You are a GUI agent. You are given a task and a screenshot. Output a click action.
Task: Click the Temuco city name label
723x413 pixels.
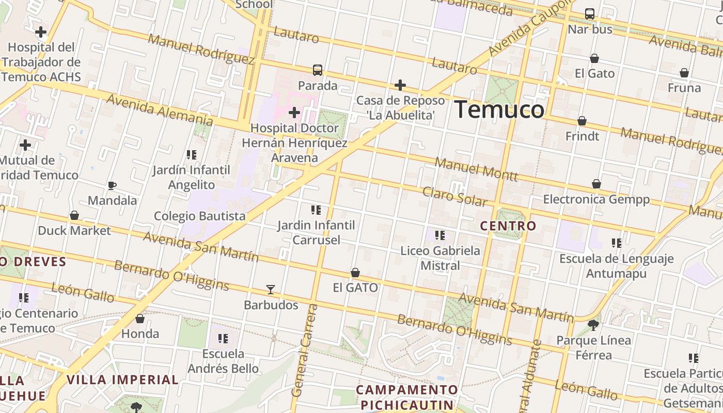[x=499, y=110]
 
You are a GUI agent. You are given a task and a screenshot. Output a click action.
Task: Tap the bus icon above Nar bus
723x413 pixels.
[x=590, y=14]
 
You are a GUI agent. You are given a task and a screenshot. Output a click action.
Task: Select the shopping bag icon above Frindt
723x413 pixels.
[x=582, y=121]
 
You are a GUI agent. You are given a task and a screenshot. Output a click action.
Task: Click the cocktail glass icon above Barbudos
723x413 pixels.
[x=271, y=290]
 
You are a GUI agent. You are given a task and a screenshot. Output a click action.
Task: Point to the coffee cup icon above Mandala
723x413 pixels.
[x=112, y=185]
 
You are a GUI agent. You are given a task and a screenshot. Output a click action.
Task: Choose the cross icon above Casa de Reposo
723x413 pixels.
[x=400, y=85]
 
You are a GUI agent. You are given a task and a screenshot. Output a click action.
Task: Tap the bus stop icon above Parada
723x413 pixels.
[x=318, y=70]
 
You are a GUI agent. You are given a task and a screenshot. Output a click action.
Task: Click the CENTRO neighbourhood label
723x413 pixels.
[x=508, y=226]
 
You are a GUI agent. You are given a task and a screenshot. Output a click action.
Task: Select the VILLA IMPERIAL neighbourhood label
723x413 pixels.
[x=122, y=380]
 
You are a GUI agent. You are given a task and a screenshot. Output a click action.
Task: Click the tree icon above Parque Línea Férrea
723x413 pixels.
[x=593, y=325]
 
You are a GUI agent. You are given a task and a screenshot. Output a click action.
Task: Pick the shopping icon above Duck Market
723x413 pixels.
[x=74, y=215]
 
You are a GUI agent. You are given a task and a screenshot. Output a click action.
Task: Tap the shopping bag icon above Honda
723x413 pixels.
[x=140, y=319]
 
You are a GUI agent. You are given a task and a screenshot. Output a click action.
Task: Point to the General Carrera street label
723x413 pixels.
[x=305, y=351]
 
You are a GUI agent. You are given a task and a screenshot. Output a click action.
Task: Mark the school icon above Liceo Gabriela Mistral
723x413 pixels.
[x=440, y=235]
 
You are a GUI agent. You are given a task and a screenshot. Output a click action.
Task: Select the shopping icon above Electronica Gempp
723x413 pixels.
[x=596, y=184]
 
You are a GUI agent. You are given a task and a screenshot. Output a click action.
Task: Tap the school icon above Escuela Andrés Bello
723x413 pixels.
[x=223, y=339]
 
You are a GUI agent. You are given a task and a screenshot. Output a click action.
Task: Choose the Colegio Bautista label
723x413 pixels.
[x=200, y=216]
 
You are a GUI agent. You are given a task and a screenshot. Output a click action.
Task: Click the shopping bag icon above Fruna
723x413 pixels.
[x=684, y=73]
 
